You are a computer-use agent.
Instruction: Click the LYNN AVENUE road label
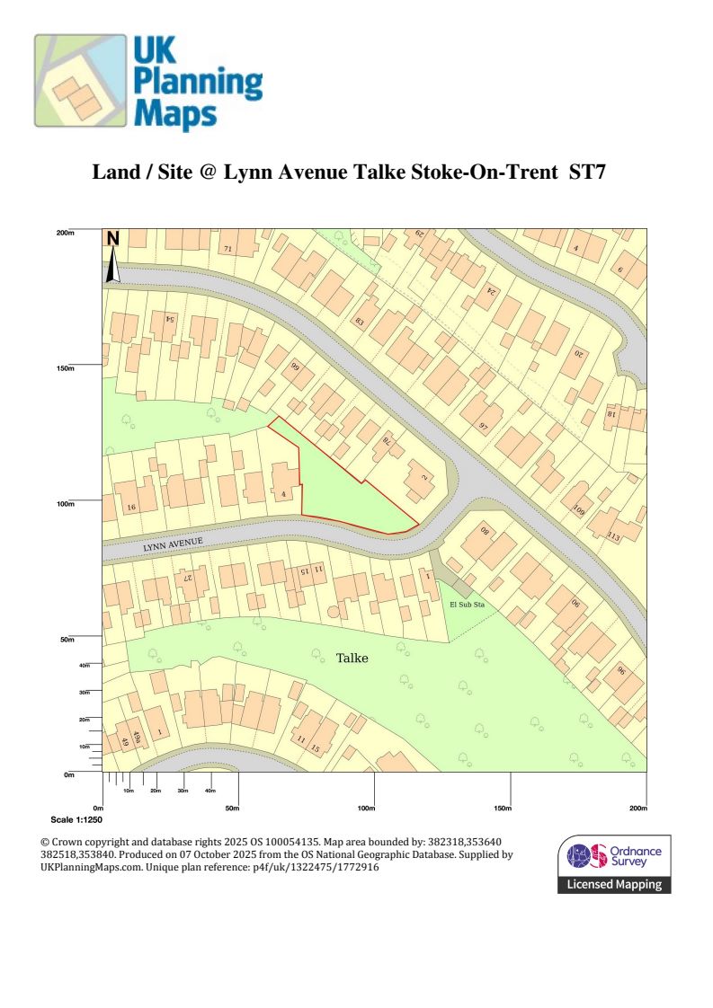pos(174,544)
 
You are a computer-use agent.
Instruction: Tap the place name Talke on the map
pos(352,659)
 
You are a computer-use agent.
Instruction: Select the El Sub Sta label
pos(467,605)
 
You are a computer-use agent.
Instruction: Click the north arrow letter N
pos(112,239)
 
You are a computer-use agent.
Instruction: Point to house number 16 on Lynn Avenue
pos(131,508)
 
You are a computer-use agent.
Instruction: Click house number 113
pos(614,536)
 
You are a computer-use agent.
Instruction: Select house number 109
pos(578,509)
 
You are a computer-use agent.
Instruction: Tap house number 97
pos(483,425)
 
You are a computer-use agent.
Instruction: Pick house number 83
pos(360,322)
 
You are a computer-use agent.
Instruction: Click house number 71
pos(227,248)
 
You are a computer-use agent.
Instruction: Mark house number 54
pos(168,319)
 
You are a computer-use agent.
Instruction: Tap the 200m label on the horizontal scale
pos(637,809)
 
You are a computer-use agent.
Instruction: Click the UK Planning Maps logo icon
pos(80,81)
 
